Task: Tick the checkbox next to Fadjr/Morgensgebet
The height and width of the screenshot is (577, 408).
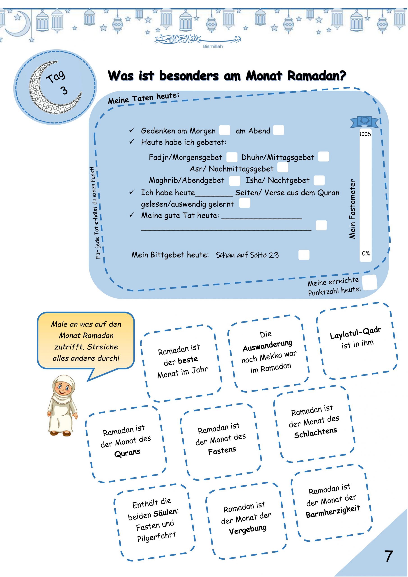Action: click(232, 157)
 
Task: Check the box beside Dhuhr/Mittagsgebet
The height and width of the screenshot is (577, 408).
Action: click(323, 157)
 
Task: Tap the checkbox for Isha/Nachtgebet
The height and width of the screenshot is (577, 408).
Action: click(319, 180)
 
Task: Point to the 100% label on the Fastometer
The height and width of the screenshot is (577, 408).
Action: click(365, 134)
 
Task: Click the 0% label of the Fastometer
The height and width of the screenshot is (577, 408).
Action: click(366, 254)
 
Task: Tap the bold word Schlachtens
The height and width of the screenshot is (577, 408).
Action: click(316, 433)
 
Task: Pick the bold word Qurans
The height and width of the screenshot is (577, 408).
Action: click(127, 453)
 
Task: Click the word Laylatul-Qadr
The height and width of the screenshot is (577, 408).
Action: click(355, 333)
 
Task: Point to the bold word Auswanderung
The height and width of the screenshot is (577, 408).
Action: click(268, 345)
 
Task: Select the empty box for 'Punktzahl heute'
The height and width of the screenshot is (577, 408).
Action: click(370, 282)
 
